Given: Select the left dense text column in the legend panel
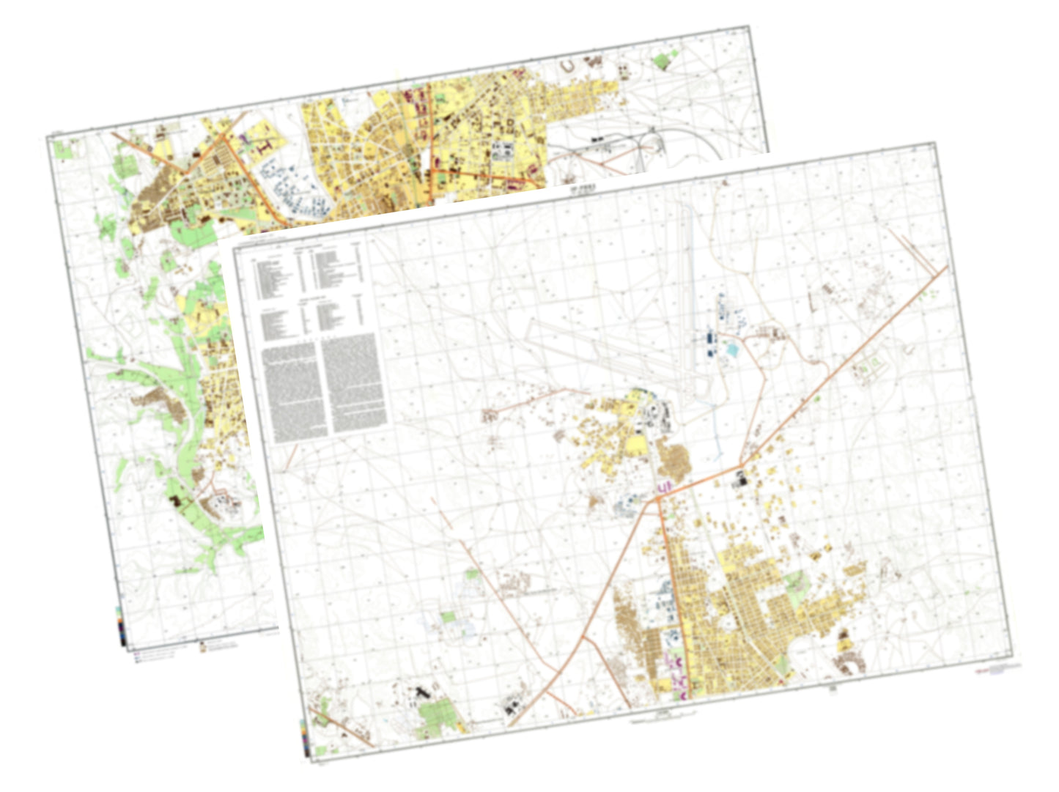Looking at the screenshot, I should click(292, 391).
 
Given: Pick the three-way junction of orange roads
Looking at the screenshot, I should click(657, 499).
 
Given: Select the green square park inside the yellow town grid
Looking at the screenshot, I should click(794, 582).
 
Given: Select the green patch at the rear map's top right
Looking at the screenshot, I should click(663, 61).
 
